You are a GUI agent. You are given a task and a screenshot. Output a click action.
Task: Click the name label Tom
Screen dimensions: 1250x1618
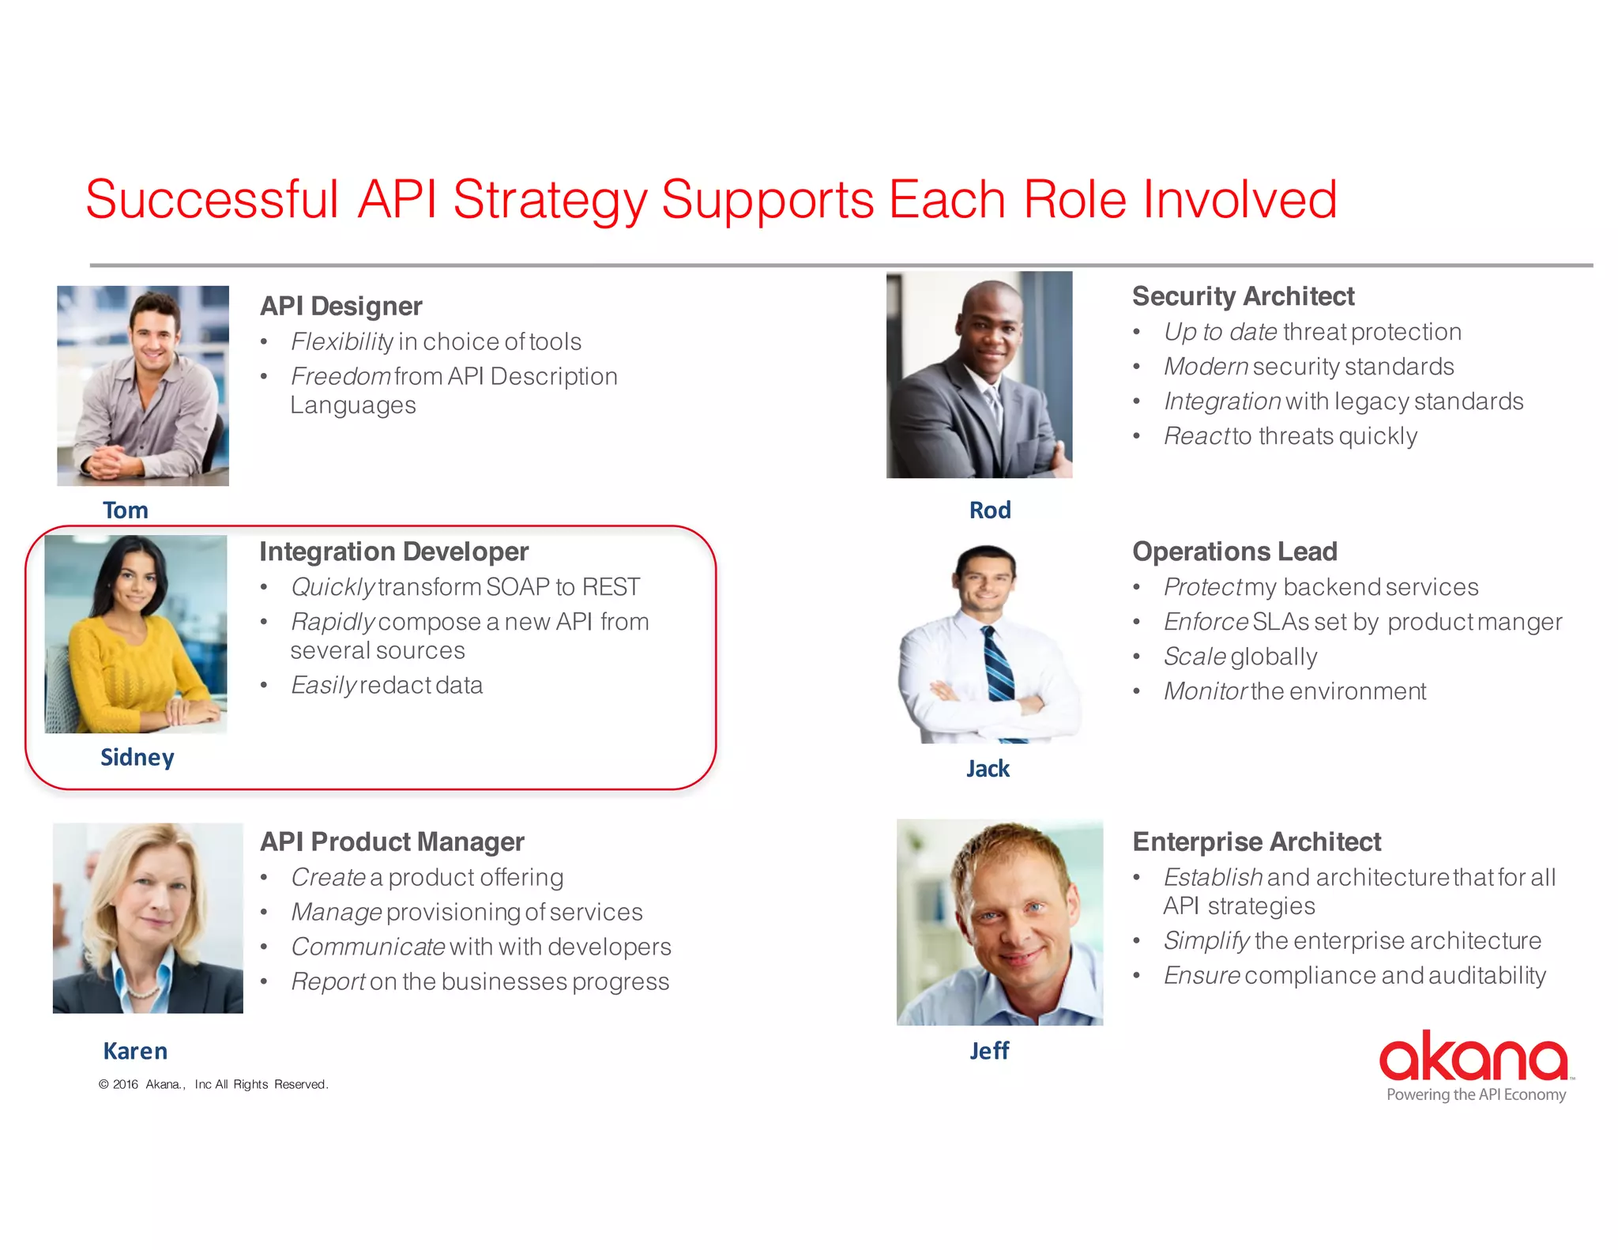tap(126, 510)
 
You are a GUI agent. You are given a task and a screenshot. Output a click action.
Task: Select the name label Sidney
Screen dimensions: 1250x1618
tap(137, 758)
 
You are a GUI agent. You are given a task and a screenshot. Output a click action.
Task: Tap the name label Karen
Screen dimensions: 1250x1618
tap(135, 1052)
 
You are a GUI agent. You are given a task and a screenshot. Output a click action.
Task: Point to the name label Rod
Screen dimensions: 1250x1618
tap(990, 510)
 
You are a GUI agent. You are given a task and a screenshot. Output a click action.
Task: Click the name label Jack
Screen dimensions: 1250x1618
tap(988, 769)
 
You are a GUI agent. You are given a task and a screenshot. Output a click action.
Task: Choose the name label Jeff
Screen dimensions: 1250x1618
tap(989, 1051)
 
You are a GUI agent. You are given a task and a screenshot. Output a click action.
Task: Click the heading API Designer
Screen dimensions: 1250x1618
tap(341, 307)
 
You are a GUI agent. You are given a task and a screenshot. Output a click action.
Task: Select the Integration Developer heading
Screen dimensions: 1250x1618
tap(393, 552)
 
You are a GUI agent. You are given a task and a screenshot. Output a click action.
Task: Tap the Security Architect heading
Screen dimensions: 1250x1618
tap(1243, 296)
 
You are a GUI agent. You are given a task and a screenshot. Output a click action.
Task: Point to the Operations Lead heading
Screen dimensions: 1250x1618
tap(1234, 552)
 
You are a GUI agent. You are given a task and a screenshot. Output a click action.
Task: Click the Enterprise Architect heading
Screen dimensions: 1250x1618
tap(1256, 842)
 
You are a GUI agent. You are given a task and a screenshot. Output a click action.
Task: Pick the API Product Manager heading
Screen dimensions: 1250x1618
tap(392, 842)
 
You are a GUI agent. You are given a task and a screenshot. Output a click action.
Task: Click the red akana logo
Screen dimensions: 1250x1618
tap(1474, 1056)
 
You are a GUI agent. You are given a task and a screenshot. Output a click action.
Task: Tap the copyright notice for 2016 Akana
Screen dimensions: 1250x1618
tap(213, 1085)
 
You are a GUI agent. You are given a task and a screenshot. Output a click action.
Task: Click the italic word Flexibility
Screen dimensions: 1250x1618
tap(341, 342)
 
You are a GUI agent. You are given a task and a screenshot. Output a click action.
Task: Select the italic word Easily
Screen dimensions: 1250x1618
tap(323, 686)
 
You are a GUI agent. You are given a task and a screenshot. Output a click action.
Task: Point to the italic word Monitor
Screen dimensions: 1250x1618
tap(1205, 692)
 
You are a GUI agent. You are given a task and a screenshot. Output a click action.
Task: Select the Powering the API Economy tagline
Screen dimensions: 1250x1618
tap(1476, 1095)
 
